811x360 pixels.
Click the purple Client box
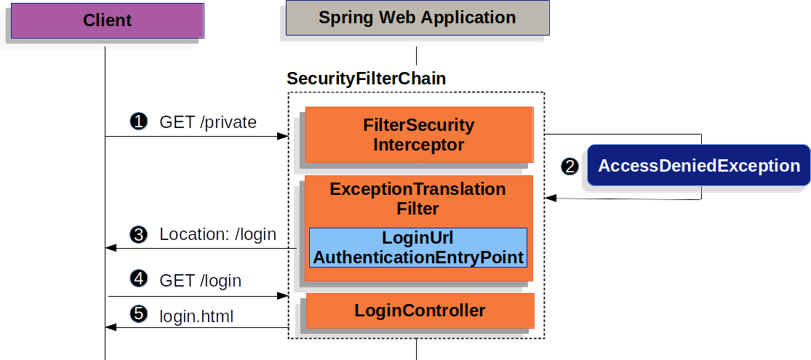[107, 20]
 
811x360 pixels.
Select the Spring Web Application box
[417, 18]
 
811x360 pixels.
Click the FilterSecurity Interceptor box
[419, 135]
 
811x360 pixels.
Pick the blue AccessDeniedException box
[698, 166]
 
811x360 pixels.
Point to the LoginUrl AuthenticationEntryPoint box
[418, 247]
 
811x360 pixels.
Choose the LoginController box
[420, 311]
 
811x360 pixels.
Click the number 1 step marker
[137, 122]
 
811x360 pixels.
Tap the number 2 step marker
[570, 167]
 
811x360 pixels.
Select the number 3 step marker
[137, 235]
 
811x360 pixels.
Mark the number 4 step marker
[137, 279]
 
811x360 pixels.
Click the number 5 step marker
[137, 314]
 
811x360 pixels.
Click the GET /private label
[208, 122]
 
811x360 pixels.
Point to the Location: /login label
[217, 235]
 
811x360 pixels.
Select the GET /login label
[200, 280]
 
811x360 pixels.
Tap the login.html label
[196, 316]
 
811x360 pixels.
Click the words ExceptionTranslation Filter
[418, 199]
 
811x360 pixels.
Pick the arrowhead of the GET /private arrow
[284, 136]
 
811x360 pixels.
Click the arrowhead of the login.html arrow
[111, 328]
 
